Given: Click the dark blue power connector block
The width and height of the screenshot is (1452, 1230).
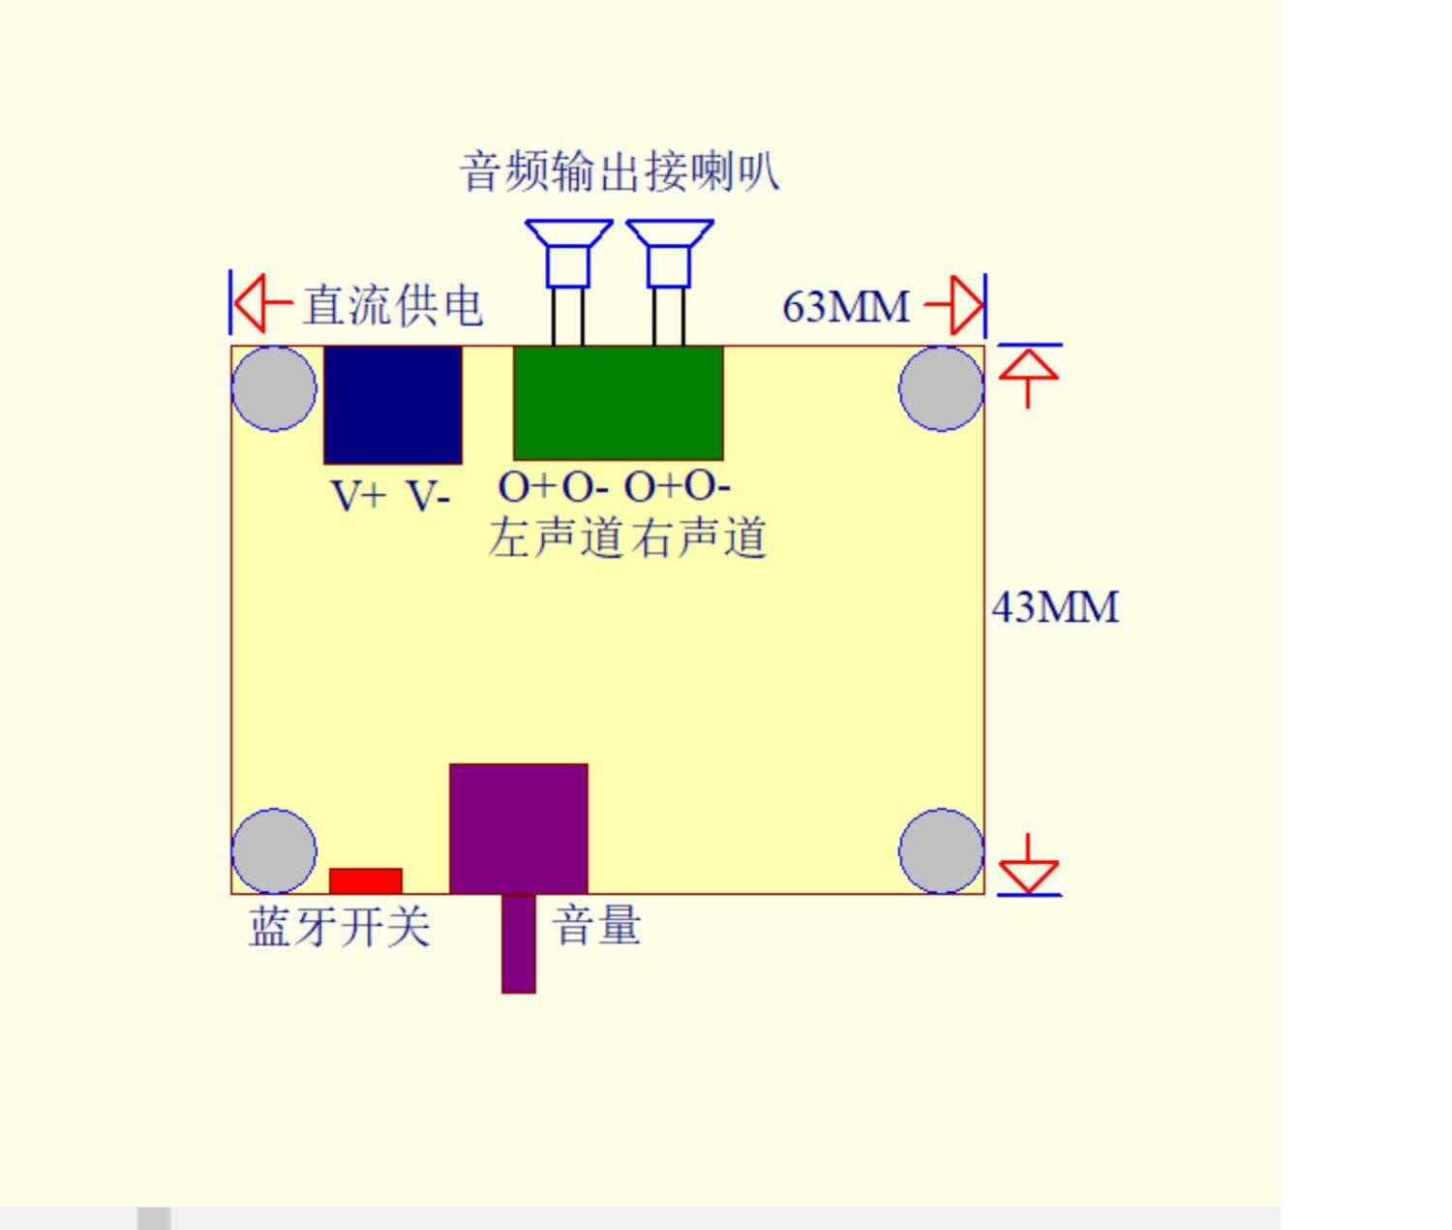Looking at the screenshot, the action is click(x=392, y=405).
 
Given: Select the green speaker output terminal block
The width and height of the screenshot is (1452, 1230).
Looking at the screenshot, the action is click(x=618, y=402).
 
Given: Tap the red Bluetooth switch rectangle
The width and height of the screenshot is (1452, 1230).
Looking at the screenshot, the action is click(x=366, y=880).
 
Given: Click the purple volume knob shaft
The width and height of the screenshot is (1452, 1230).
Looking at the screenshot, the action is click(x=519, y=943).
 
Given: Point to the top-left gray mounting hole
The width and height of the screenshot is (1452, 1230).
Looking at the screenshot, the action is click(x=274, y=388).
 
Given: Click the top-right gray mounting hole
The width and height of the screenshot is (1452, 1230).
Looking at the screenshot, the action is click(x=941, y=388).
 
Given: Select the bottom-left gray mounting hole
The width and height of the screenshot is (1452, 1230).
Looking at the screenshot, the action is click(x=274, y=851).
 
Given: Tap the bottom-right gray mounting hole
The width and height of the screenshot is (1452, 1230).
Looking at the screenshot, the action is click(x=941, y=851).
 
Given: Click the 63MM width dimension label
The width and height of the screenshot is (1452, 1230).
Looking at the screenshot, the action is click(x=845, y=307).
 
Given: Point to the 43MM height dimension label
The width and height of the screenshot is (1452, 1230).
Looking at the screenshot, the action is click(x=1055, y=608).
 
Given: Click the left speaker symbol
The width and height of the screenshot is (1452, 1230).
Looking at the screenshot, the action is click(x=568, y=254).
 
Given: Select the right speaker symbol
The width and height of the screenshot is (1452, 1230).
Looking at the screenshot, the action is click(x=669, y=254).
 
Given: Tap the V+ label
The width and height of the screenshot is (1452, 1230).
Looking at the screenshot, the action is click(x=358, y=496).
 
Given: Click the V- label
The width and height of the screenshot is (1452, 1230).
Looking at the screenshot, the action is click(x=428, y=496).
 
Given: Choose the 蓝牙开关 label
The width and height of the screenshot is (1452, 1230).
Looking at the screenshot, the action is click(x=340, y=927).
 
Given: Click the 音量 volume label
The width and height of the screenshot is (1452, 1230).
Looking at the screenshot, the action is click(x=597, y=925).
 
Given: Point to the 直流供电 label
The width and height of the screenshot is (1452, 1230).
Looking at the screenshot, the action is click(x=393, y=306).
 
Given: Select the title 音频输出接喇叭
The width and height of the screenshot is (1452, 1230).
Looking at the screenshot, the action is click(x=620, y=172).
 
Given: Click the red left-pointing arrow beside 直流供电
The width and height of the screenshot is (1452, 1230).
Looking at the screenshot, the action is click(x=261, y=303).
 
